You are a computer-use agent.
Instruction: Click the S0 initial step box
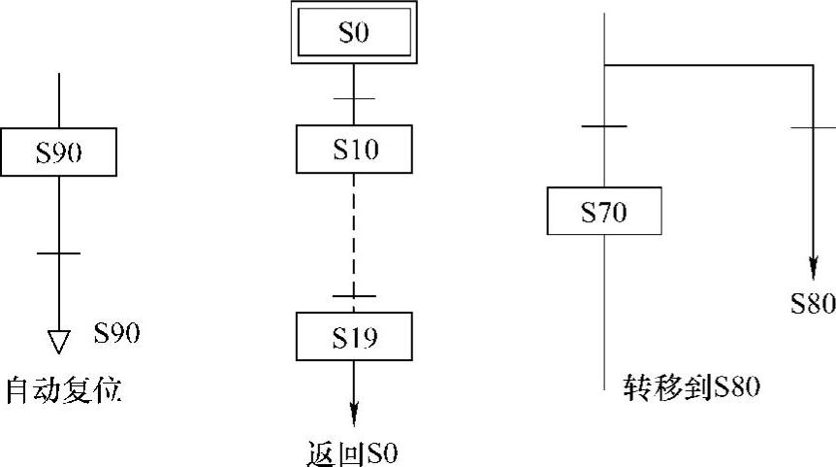coord(354,34)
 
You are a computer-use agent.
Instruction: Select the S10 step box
coord(354,150)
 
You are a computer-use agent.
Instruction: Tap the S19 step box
coord(354,337)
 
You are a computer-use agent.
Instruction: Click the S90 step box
coord(58,152)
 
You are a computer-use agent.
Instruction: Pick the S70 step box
coord(604,211)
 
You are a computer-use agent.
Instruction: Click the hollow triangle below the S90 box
coord(59,341)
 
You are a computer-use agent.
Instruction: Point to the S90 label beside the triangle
coord(117,334)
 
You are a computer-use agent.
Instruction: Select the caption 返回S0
coord(351,453)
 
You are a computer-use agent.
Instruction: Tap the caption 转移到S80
coord(690,387)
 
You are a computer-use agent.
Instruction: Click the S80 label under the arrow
coord(813,304)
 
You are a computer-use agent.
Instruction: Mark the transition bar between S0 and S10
coord(354,98)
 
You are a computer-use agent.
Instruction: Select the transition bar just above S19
coord(354,295)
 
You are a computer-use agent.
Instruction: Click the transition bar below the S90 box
coord(58,253)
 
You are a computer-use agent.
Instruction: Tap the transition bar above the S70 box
coord(604,127)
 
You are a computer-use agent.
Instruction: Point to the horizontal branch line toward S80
coord(708,66)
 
